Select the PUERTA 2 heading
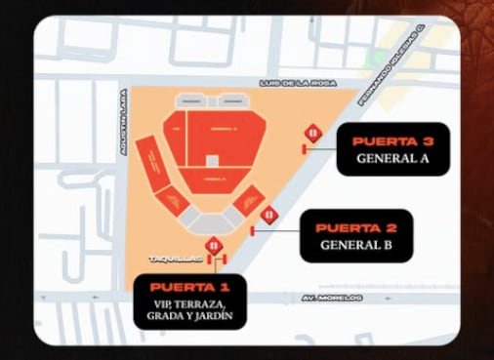click(355, 227)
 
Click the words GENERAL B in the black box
click(355, 245)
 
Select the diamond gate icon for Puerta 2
click(268, 215)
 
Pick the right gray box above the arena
click(232, 100)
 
